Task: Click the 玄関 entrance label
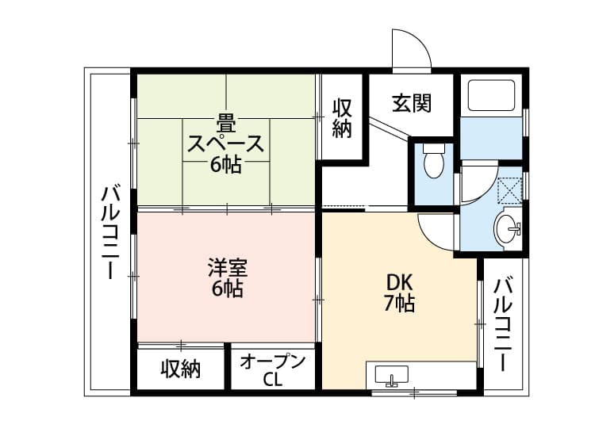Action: point(410,103)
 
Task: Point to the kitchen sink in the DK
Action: point(390,376)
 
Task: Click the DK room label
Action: point(399,282)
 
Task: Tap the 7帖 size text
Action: point(399,303)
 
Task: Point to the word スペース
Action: point(226,145)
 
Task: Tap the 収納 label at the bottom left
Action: point(181,369)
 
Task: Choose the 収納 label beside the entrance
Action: point(342,118)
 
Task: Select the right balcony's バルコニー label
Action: point(501,323)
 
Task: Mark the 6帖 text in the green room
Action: point(226,166)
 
